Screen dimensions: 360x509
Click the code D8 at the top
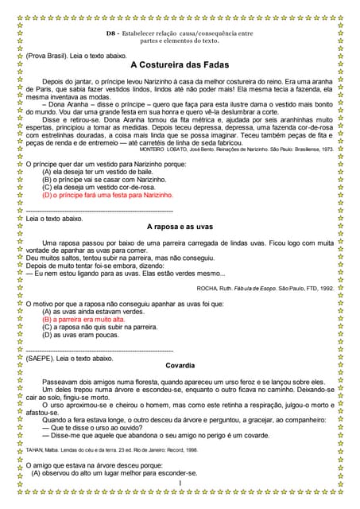(110, 33)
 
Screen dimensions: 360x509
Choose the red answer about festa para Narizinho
(107, 194)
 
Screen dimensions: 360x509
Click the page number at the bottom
(180, 483)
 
